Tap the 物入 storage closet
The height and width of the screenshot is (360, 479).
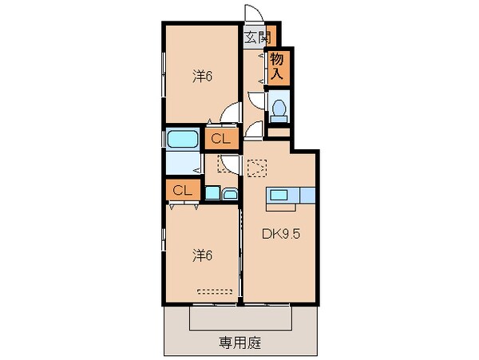(279, 68)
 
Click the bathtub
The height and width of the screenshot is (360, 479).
(182, 139)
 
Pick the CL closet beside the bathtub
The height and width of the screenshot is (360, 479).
(221, 139)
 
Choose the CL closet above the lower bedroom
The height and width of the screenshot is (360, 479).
(183, 190)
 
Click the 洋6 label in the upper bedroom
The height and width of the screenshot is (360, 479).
(202, 77)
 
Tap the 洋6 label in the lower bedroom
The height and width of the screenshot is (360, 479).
(202, 255)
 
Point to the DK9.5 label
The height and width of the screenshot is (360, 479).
(281, 234)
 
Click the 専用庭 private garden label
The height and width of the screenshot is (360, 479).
(240, 343)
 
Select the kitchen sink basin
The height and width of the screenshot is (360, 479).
(279, 195)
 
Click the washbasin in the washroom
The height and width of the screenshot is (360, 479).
(230, 194)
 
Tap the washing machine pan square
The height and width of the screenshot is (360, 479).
(212, 192)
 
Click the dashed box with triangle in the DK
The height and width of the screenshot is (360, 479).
(257, 168)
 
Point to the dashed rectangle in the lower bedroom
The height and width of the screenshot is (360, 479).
(215, 291)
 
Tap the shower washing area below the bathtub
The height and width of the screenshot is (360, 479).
(184, 163)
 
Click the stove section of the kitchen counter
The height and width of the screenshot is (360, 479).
(307, 195)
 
